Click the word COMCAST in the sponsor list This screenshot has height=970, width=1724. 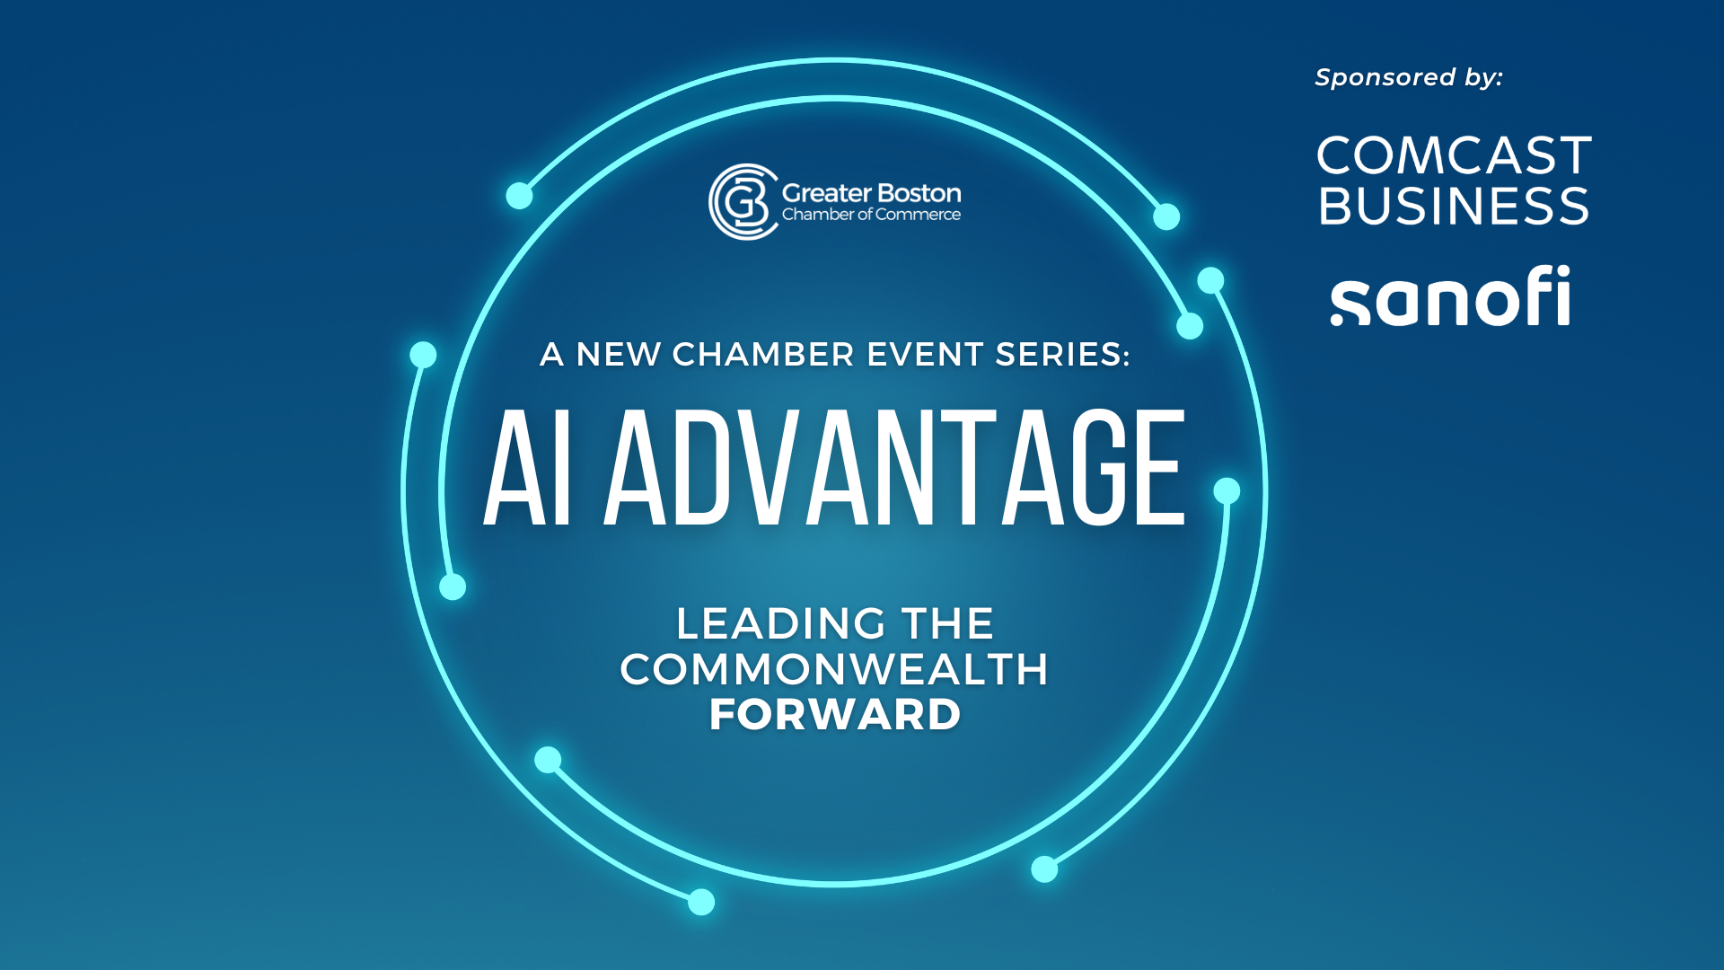click(1454, 156)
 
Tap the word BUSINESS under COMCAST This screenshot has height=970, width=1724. click(1454, 207)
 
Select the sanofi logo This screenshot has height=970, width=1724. click(1450, 296)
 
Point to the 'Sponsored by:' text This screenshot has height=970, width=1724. click(1408, 77)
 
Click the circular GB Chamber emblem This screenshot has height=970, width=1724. click(742, 202)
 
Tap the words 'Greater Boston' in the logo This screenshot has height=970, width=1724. click(871, 193)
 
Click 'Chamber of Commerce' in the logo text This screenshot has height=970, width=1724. click(871, 215)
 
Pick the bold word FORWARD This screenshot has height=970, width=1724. click(835, 715)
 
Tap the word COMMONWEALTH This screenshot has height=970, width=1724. click(834, 670)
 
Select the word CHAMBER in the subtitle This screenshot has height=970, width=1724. click(763, 355)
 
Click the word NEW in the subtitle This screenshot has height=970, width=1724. click(619, 355)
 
